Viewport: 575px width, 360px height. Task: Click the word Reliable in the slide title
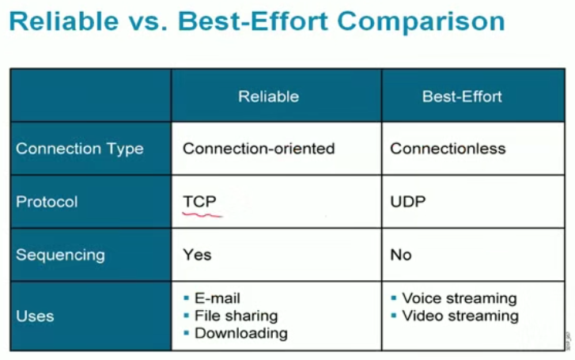point(64,21)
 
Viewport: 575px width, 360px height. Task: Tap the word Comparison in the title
point(421,22)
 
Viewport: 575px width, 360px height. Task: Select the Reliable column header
point(268,97)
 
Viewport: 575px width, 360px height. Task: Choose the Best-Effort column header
point(462,97)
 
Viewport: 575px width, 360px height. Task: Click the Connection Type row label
point(80,149)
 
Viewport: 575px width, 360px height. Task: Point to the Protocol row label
point(47,202)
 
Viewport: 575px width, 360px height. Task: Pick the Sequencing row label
point(60,255)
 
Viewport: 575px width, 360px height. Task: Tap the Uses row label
point(35,316)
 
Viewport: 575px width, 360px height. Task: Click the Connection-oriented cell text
point(259,149)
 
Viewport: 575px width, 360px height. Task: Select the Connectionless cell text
point(448,149)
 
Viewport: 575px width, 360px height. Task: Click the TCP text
point(199,202)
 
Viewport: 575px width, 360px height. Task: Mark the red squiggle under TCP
point(202,214)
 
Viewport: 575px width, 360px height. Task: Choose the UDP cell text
point(408,202)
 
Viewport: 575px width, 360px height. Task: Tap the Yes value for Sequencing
point(197,255)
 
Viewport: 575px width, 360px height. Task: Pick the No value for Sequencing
point(401,255)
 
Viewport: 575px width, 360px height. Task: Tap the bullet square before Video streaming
point(394,316)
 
